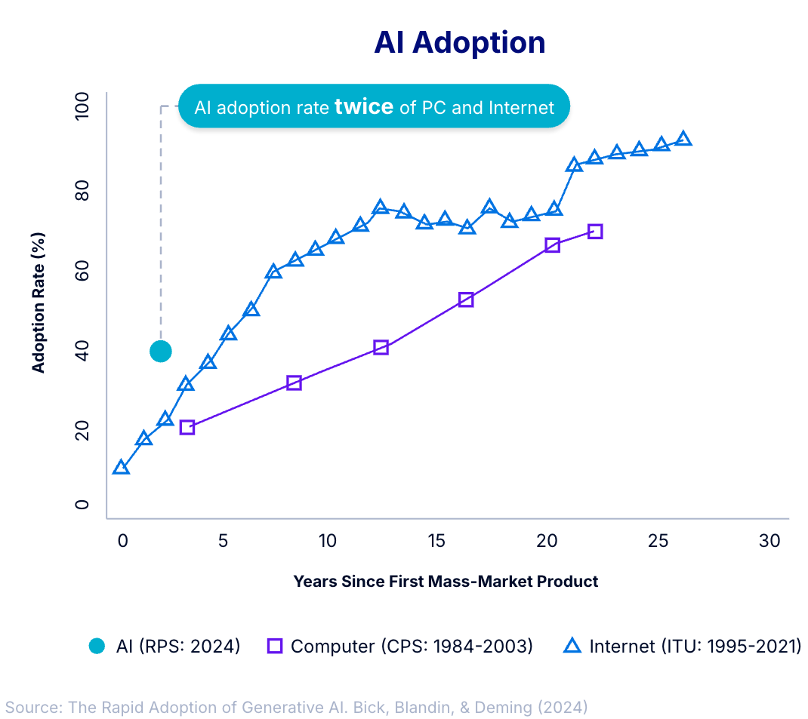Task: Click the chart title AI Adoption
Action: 459,43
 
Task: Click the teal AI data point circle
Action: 160,351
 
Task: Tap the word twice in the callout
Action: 363,106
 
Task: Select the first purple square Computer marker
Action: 187,427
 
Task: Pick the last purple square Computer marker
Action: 595,232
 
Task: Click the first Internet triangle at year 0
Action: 121,468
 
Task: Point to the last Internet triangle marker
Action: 683,139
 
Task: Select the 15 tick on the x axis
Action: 436,541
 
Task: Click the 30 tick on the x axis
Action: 769,541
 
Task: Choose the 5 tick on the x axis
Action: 223,541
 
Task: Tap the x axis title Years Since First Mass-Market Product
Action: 446,581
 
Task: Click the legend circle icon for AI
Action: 97,646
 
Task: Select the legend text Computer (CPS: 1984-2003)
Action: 412,646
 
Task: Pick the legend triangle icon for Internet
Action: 573,646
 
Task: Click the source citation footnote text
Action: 296,707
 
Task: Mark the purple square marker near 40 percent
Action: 381,348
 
